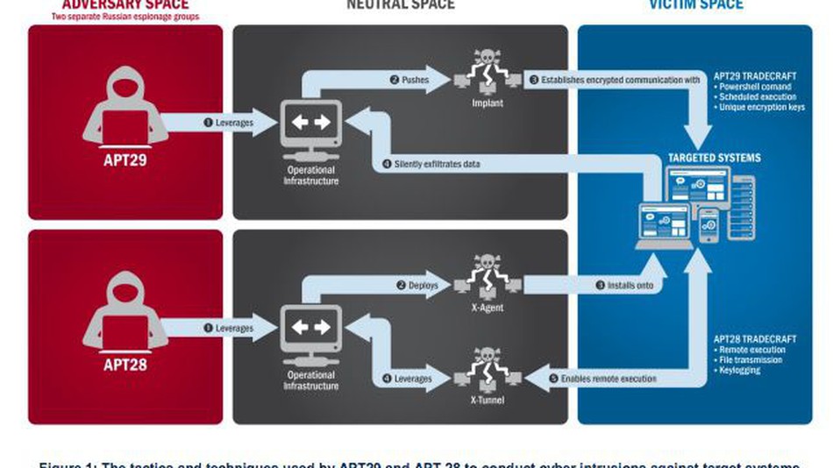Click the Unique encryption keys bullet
point(759,107)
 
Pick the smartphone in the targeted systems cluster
point(709,225)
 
